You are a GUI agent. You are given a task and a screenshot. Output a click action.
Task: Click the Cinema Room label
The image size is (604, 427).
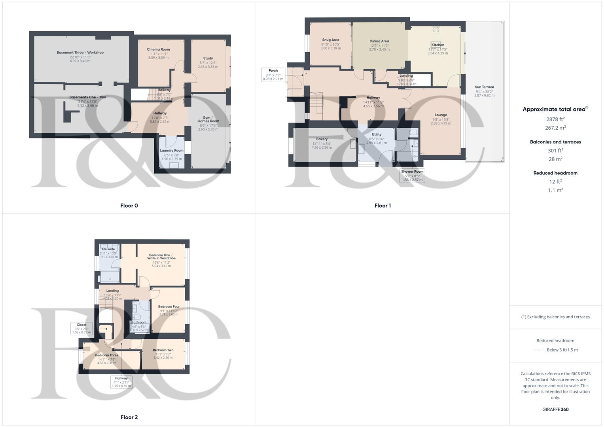[x=159, y=49]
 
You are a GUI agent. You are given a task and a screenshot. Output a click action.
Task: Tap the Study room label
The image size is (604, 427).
[x=208, y=59]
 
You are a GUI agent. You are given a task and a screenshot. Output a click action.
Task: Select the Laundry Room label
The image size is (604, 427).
[x=172, y=151]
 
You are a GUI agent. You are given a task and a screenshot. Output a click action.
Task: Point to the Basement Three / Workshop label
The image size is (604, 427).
[x=80, y=53]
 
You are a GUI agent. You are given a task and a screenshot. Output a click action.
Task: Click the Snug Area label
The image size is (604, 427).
[x=331, y=40]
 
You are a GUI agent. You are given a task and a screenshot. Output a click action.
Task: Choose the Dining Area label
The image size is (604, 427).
[x=379, y=41]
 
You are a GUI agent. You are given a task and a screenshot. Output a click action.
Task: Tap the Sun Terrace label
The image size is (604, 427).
[x=485, y=87]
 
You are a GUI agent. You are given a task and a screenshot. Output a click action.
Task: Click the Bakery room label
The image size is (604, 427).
[x=322, y=139]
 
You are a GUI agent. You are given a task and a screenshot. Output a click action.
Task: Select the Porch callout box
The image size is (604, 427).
[x=273, y=75]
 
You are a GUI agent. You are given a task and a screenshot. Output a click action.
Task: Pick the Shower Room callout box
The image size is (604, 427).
[x=412, y=176]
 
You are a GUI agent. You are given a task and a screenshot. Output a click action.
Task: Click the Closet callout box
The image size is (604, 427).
[x=81, y=329]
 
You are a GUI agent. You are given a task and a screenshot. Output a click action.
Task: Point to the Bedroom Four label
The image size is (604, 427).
[x=169, y=307]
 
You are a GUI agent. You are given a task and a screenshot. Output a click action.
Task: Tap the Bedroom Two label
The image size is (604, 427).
[x=163, y=350]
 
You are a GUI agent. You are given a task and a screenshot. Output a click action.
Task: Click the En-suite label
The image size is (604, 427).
[x=108, y=249]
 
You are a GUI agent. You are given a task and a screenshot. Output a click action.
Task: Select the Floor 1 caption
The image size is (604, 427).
[x=382, y=206]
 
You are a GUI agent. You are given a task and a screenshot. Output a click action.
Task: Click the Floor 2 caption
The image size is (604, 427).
[x=129, y=417]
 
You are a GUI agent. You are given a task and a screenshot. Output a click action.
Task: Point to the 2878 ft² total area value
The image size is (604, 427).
[x=555, y=119]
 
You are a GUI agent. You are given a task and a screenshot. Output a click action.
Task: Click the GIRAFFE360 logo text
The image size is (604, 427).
[x=555, y=410]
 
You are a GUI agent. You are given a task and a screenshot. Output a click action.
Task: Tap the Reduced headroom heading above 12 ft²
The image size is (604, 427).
[x=555, y=173]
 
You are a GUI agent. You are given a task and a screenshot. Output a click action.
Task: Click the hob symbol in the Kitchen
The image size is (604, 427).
[x=436, y=29]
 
